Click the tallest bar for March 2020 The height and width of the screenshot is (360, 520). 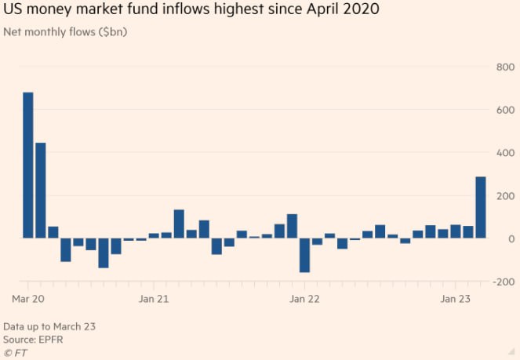pyautogui.click(x=28, y=165)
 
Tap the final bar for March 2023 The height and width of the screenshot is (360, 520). pyautogui.click(x=480, y=207)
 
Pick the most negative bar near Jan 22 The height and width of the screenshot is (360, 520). pyautogui.click(x=304, y=255)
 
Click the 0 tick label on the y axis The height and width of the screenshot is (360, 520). pyautogui.click(x=511, y=238)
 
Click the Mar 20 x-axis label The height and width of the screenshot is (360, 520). pyautogui.click(x=27, y=299)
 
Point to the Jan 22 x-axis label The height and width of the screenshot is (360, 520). pyautogui.click(x=304, y=299)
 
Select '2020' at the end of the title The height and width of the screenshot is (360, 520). pyautogui.click(x=359, y=11)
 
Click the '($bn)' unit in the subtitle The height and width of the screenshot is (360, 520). pyautogui.click(x=112, y=32)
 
